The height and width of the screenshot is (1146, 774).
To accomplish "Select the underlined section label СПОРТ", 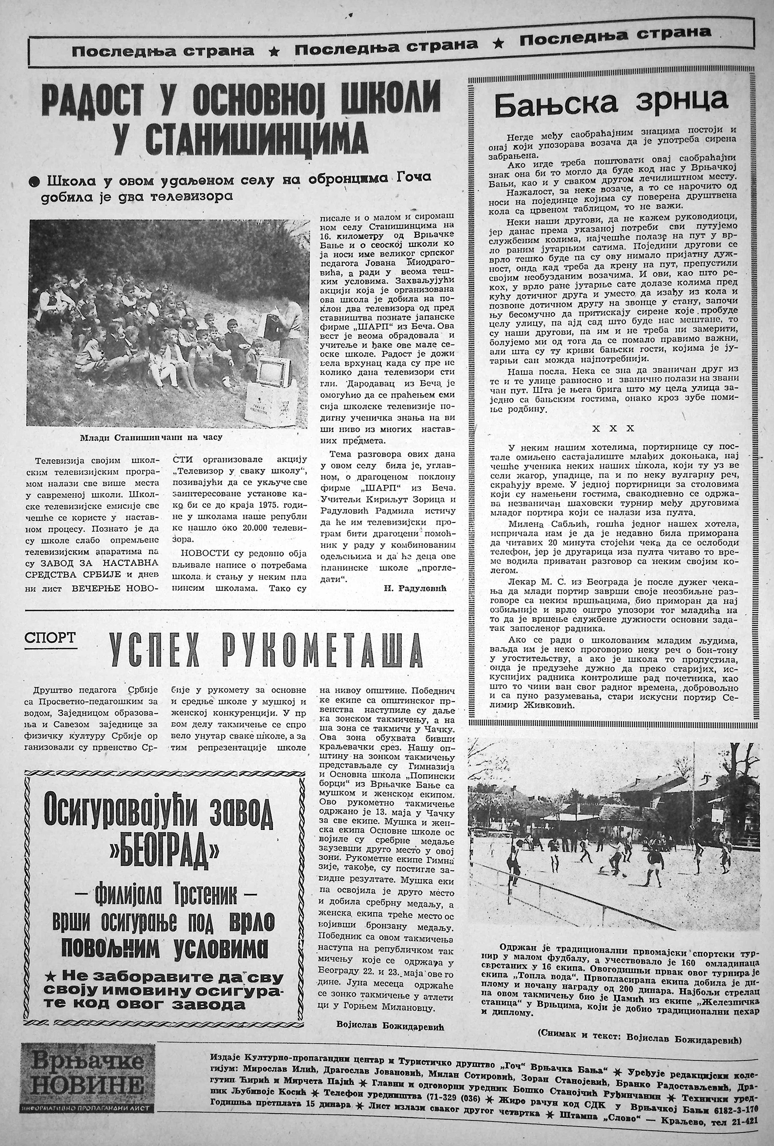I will click(50, 638).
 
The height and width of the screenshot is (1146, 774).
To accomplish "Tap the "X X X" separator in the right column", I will click(613, 429).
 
